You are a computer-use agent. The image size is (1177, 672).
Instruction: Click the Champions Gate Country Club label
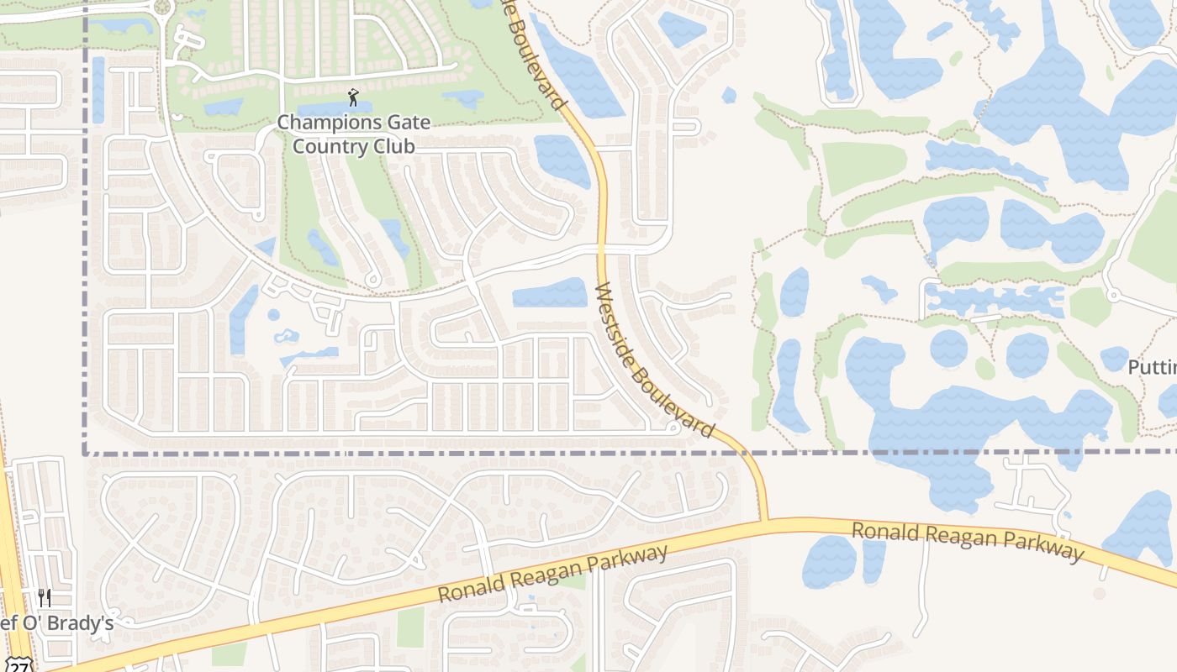354,134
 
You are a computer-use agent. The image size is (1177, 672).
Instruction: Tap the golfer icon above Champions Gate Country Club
353,97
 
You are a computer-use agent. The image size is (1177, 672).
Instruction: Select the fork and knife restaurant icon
45,597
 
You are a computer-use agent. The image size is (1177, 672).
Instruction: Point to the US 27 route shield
22,665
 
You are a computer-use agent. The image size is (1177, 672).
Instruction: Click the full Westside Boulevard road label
654,360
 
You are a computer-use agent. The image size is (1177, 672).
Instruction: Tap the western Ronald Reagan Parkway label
552,574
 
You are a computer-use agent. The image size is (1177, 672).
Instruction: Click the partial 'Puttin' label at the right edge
1152,368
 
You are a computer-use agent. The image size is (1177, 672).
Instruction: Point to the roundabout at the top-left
161,8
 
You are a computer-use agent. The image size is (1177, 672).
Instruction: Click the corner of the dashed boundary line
86,453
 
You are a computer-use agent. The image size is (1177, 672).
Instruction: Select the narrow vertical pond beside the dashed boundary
98,88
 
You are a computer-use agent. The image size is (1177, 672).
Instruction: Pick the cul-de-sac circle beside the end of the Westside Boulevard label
672,428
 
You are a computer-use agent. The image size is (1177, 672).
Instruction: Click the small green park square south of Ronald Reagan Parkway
410,625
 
